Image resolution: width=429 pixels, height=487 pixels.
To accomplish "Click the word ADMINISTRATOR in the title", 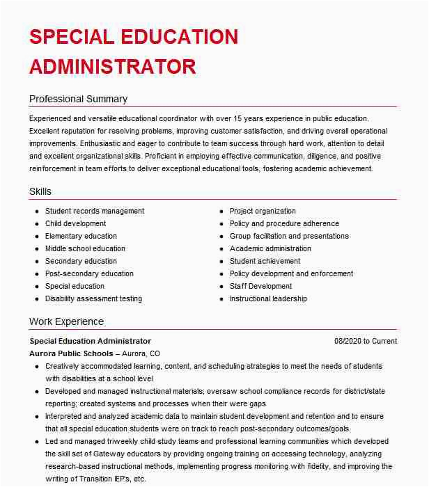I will (x=112, y=67).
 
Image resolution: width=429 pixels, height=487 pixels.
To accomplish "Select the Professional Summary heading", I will (x=78, y=99).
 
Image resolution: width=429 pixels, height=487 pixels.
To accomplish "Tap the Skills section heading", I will (x=40, y=191).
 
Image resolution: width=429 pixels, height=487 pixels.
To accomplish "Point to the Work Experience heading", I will (x=66, y=321).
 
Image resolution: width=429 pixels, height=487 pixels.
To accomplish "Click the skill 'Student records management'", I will (x=95, y=211).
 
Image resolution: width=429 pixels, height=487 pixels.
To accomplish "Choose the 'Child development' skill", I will (x=75, y=223).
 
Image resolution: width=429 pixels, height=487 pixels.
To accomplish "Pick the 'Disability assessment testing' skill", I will (x=93, y=298).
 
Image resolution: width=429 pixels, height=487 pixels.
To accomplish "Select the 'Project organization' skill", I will (x=263, y=211).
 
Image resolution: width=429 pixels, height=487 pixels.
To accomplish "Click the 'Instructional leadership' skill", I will (x=268, y=298).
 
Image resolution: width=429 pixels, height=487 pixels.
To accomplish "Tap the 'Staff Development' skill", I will (x=260, y=286).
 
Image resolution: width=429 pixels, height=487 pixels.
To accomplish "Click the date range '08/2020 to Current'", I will (x=366, y=341).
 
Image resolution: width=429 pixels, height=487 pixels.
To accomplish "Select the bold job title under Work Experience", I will (x=90, y=341).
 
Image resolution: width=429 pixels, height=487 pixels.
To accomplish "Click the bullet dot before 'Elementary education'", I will (x=36, y=237).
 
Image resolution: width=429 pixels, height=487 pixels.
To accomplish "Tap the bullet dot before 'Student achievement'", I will (x=221, y=262).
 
